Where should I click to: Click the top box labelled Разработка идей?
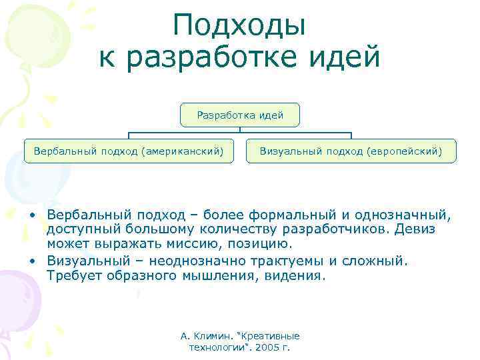pyautogui.click(x=240, y=115)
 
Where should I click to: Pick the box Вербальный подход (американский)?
pyautogui.click(x=128, y=151)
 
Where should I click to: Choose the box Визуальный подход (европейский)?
pyautogui.click(x=351, y=151)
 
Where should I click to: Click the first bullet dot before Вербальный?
pyautogui.click(x=31, y=215)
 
